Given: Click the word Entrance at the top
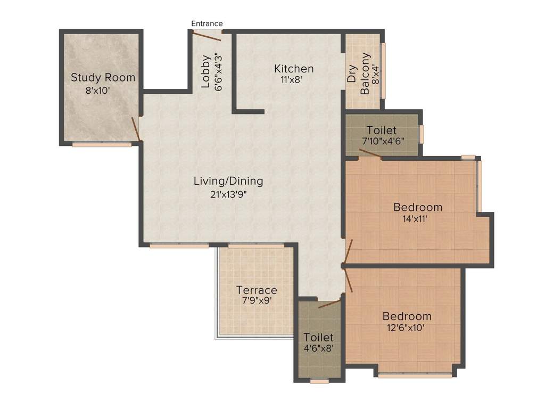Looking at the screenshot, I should coord(207,23).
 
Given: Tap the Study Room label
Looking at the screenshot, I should coord(103,78).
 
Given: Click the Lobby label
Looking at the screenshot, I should coord(205,71).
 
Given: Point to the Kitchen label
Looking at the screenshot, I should coord(294,69).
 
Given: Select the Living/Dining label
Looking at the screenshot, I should coord(228,181).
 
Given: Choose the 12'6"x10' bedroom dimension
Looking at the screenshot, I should coord(407,328).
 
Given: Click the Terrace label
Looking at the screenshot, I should coord(257,290).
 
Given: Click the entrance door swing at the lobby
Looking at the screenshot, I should coord(207,36).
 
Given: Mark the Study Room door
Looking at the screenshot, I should coord(136,129).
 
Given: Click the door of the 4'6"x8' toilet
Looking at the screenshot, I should coord(329,304).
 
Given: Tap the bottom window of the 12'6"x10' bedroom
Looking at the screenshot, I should coord(415,375).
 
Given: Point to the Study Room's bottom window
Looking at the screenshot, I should coord(102,144).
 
